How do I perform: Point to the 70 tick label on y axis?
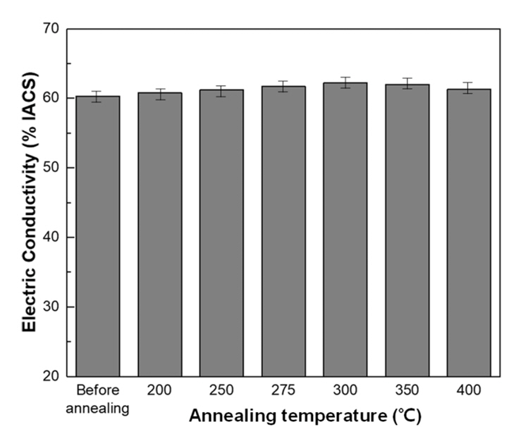click(51, 30)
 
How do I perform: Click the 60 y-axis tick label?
click(51, 99)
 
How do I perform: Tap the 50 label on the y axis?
click(51, 168)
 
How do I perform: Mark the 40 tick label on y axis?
click(51, 237)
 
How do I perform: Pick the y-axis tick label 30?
click(51, 307)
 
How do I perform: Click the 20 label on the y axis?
click(51, 376)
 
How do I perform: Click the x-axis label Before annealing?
click(98, 399)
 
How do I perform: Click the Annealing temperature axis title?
click(305, 416)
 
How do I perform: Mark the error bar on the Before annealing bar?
click(98, 96)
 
